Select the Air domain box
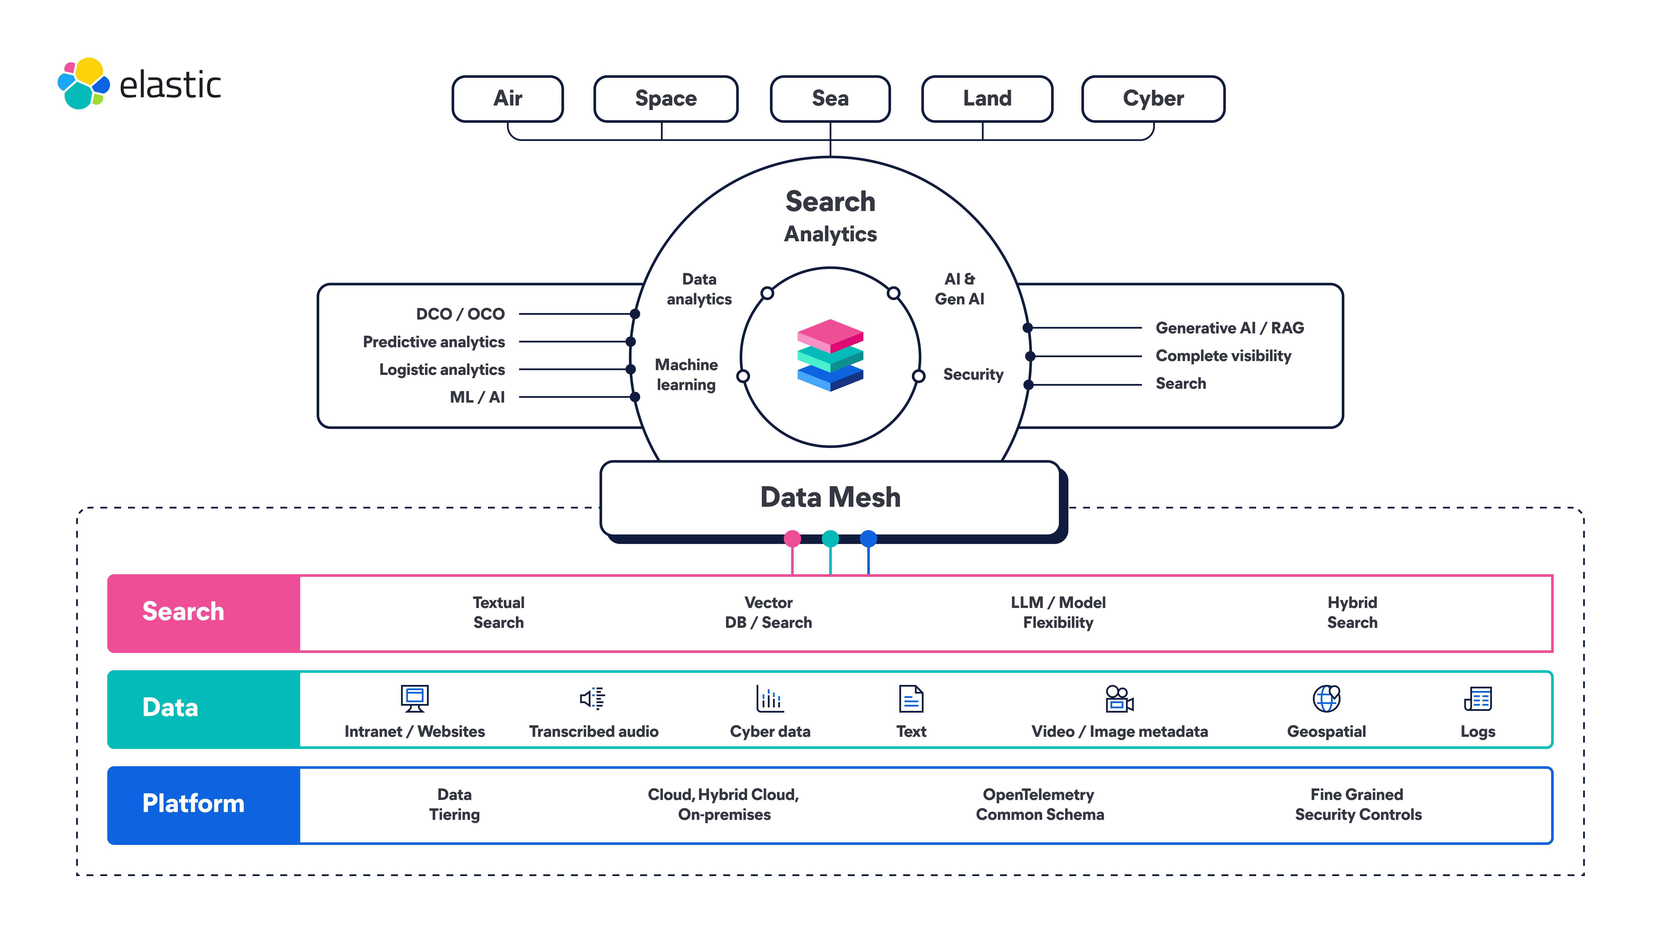(507, 99)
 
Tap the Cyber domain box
(1153, 99)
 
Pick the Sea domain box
(830, 99)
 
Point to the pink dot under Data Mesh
(792, 538)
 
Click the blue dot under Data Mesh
(869, 538)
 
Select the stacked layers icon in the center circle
(830, 355)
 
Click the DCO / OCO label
(460, 314)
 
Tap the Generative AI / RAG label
(1229, 328)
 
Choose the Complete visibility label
(1223, 356)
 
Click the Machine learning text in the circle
(686, 374)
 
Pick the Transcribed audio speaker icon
(592, 698)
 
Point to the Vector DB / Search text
(768, 612)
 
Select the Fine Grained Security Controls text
(1358, 804)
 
